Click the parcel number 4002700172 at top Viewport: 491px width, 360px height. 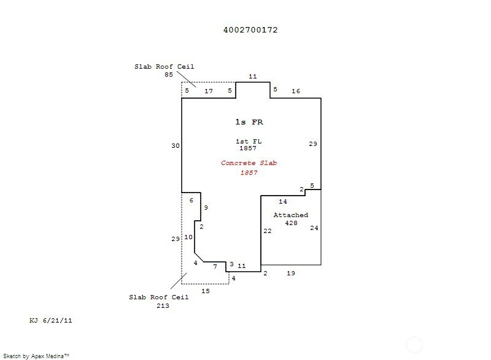(x=250, y=29)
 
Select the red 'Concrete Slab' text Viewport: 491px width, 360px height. (x=248, y=163)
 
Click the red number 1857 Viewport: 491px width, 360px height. (x=248, y=173)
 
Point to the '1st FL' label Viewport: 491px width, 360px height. (x=248, y=141)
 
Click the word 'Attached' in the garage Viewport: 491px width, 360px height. (x=291, y=215)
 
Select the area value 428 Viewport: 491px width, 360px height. (x=291, y=223)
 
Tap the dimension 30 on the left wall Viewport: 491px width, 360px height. (x=175, y=146)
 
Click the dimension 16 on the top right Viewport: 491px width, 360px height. (x=296, y=91)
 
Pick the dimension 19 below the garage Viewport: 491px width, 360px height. (x=291, y=274)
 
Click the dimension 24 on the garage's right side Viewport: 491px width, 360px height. (x=314, y=228)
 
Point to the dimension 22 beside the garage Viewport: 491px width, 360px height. (x=267, y=231)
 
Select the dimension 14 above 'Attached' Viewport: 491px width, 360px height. (x=283, y=202)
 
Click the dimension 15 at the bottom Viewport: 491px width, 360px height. (x=206, y=291)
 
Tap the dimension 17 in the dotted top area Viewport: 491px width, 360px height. (x=209, y=91)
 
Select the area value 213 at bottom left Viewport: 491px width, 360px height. (x=163, y=305)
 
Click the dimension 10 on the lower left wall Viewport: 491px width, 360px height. (x=188, y=237)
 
